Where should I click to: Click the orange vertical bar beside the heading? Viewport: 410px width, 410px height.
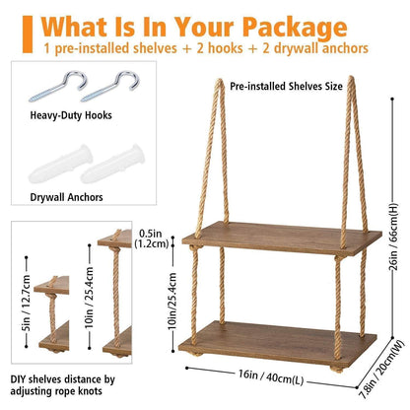point(28,34)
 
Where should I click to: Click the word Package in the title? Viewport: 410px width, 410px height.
point(295,28)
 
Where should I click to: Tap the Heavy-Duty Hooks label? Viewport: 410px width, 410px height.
point(71,115)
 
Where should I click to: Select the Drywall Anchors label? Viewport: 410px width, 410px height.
point(66,197)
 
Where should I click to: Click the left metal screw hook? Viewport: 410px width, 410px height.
point(58,86)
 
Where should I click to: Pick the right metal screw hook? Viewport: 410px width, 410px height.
point(110,86)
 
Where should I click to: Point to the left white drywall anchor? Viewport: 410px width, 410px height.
point(61,164)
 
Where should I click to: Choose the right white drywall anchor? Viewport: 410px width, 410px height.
point(112,164)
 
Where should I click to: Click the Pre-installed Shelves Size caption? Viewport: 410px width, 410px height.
point(286,87)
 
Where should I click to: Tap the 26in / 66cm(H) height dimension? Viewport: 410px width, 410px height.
point(393,237)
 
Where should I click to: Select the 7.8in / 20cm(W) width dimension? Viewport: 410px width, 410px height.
point(381,370)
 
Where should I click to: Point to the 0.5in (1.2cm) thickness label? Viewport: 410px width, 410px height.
point(152,239)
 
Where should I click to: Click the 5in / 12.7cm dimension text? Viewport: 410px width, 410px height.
point(27,303)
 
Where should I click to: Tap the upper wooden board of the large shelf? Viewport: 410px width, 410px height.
point(282,239)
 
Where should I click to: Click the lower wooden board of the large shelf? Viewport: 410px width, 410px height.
point(278,343)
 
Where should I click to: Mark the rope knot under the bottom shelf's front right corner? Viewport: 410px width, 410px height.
point(336,370)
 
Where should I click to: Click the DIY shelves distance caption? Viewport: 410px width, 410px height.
point(63,385)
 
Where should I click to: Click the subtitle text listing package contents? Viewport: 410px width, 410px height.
point(206,48)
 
